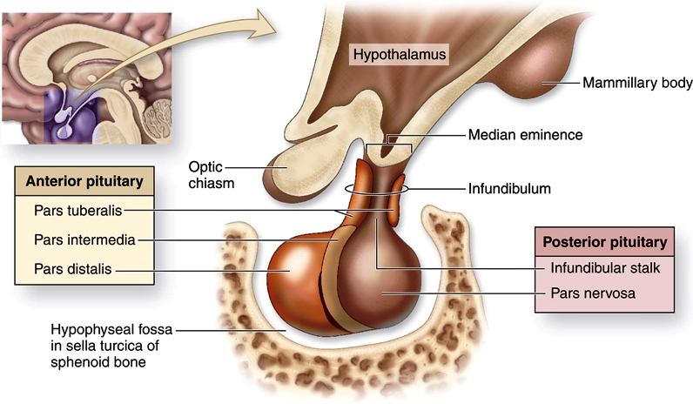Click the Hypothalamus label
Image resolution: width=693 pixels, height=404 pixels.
400,55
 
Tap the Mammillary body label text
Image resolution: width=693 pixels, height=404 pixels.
637,83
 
